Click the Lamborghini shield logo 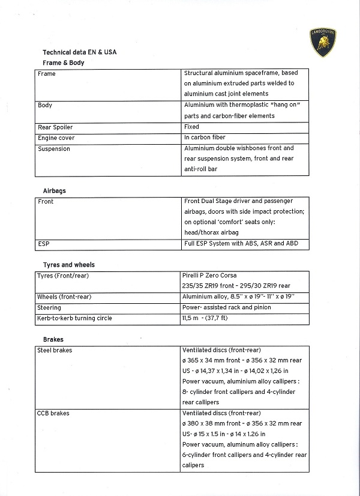(322, 43)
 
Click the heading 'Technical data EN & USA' (79, 52)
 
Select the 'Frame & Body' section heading (64, 62)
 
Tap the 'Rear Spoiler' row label (55, 127)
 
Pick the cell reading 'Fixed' (192, 127)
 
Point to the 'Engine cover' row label (56, 138)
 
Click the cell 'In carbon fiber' (205, 138)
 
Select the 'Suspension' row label (54, 149)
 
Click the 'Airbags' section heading (55, 191)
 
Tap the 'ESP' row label (44, 244)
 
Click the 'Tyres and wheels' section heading (69, 265)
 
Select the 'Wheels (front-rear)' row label (64, 297)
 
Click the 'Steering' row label (49, 307)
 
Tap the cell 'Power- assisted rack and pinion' (227, 307)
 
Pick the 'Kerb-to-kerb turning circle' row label (75, 318)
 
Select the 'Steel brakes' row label (55, 350)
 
